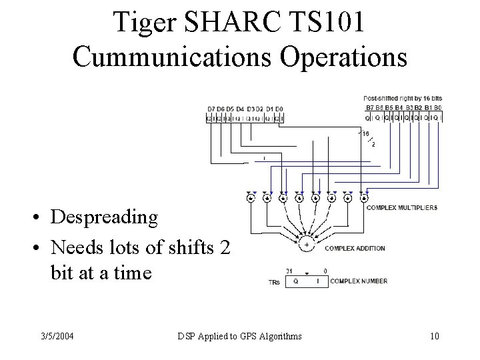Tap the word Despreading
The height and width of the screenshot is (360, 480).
104,217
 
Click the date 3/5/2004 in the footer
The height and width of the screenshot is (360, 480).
57,335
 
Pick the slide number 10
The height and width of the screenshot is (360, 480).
435,335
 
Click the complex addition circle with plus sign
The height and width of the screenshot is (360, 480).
307,245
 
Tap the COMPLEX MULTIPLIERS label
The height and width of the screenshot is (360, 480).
402,207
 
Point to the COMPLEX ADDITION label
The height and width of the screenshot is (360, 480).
355,249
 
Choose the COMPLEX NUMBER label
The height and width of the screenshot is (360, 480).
359,281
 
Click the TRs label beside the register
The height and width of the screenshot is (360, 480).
273,282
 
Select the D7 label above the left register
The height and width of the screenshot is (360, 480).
211,109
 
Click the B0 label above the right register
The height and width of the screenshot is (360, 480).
437,107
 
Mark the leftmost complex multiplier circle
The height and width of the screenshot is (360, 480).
251,198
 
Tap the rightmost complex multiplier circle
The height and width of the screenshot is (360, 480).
364,198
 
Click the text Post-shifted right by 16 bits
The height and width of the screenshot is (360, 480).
403,98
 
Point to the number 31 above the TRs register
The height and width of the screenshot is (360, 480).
289,270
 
